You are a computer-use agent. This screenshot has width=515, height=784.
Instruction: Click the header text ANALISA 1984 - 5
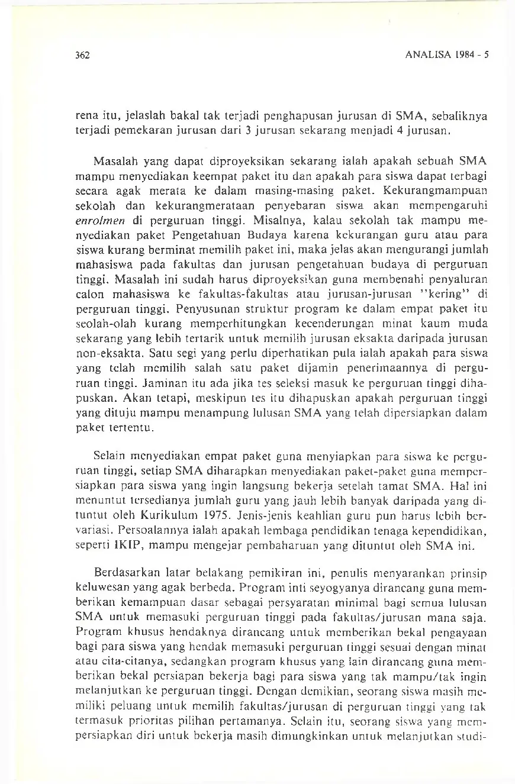click(448, 56)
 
